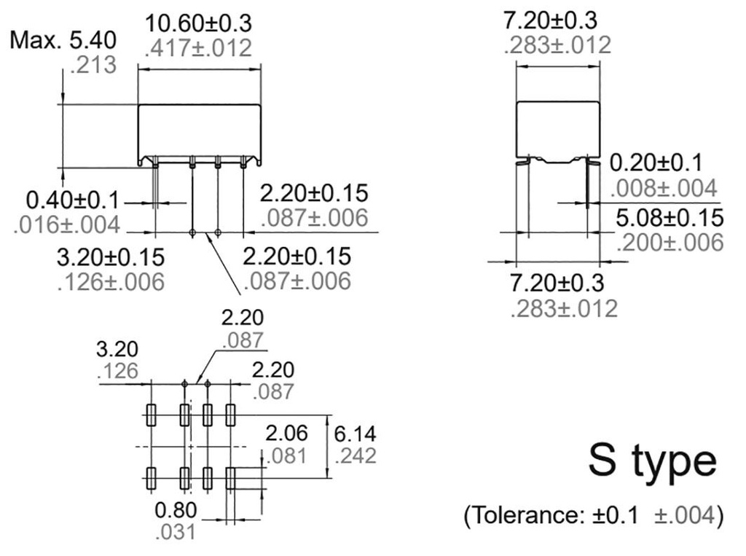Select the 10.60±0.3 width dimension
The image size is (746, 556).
[198, 23]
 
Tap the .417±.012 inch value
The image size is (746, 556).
[198, 48]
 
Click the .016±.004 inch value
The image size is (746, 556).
[66, 224]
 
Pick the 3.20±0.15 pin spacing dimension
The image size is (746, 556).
[111, 257]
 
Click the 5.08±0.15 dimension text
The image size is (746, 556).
[670, 216]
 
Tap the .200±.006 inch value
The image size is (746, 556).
[670, 242]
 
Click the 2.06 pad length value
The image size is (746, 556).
[286, 432]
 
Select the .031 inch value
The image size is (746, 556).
[176, 532]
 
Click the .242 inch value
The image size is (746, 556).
[356, 456]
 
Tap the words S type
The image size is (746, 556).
[652, 461]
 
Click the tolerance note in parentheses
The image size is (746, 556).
[594, 515]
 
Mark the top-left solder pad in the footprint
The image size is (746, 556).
[151, 415]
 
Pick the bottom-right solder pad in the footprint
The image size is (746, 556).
[231, 478]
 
